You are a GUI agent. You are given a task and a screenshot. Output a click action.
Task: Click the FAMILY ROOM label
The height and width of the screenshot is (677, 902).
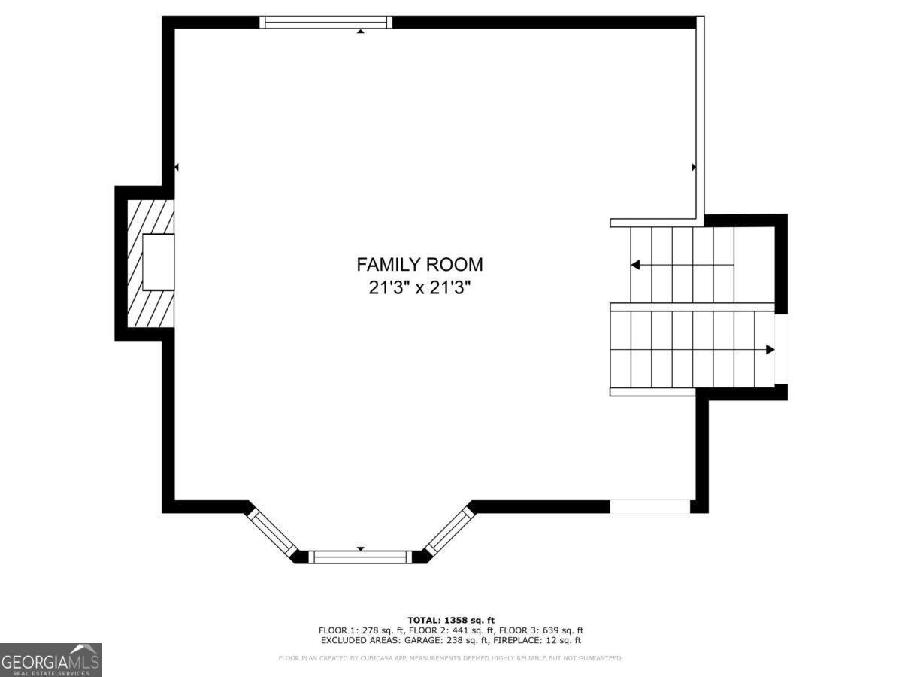point(419,265)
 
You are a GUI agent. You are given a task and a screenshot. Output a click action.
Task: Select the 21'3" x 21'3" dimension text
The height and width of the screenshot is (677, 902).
point(419,288)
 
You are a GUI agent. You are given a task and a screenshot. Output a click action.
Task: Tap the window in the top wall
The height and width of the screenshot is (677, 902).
point(325,22)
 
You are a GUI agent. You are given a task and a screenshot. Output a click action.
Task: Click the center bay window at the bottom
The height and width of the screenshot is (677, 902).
point(360,557)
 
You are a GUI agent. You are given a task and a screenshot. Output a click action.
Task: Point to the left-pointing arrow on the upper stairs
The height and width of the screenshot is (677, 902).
point(635,265)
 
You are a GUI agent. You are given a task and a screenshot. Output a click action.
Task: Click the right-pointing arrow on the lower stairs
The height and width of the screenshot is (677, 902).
point(770,349)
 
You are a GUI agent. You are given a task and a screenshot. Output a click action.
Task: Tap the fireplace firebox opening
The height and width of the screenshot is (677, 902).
point(159,262)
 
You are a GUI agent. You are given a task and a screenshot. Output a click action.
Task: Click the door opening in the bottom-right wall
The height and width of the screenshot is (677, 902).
point(649,506)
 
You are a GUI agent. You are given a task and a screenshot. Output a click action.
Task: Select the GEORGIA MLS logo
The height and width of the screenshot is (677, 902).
point(50,660)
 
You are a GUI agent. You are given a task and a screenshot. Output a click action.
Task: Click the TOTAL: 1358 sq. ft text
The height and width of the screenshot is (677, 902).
point(451,620)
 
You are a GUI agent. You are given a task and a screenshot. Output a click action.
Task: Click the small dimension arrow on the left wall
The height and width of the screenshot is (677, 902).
point(176,167)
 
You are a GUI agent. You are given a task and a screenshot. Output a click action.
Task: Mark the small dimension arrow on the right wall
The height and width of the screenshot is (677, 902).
point(693,167)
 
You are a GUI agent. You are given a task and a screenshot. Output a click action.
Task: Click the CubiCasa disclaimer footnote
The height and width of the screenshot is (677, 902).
point(450,658)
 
